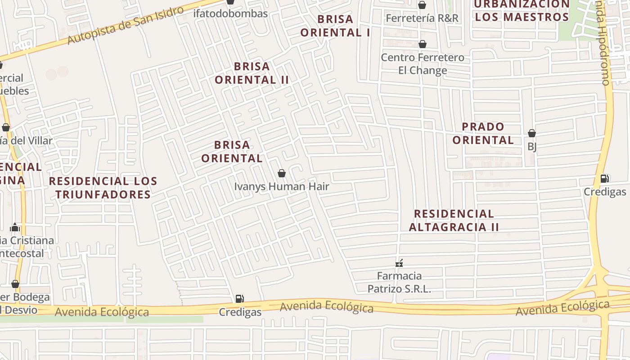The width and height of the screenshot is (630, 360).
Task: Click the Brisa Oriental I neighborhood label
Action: tap(335, 26)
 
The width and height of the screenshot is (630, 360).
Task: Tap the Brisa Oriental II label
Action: tap(252, 73)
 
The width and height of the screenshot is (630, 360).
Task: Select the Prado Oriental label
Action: tap(483, 133)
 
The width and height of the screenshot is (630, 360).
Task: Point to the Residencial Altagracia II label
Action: tap(454, 220)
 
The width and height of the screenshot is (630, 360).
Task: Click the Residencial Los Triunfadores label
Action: tap(103, 188)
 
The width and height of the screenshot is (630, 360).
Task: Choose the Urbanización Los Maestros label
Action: tap(522, 11)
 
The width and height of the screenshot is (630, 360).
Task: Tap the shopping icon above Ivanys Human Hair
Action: tap(282, 173)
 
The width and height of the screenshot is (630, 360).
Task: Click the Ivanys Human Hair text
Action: tap(282, 186)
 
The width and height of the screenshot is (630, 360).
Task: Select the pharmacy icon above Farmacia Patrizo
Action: tap(399, 263)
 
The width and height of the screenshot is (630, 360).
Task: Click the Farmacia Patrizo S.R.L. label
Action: tap(399, 282)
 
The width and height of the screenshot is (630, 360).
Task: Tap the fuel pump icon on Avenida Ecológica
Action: tap(240, 298)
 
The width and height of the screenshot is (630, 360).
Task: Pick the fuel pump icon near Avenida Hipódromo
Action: tap(605, 179)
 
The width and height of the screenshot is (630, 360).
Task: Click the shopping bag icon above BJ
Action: tap(531, 133)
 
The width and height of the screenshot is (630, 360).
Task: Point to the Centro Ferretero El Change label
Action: tap(423, 64)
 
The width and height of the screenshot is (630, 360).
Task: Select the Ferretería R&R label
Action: tap(422, 18)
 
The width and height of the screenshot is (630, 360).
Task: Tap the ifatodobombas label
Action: tap(230, 13)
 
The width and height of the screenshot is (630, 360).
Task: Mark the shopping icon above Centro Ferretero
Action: tap(422, 44)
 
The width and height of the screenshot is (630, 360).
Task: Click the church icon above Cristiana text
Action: tap(15, 227)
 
